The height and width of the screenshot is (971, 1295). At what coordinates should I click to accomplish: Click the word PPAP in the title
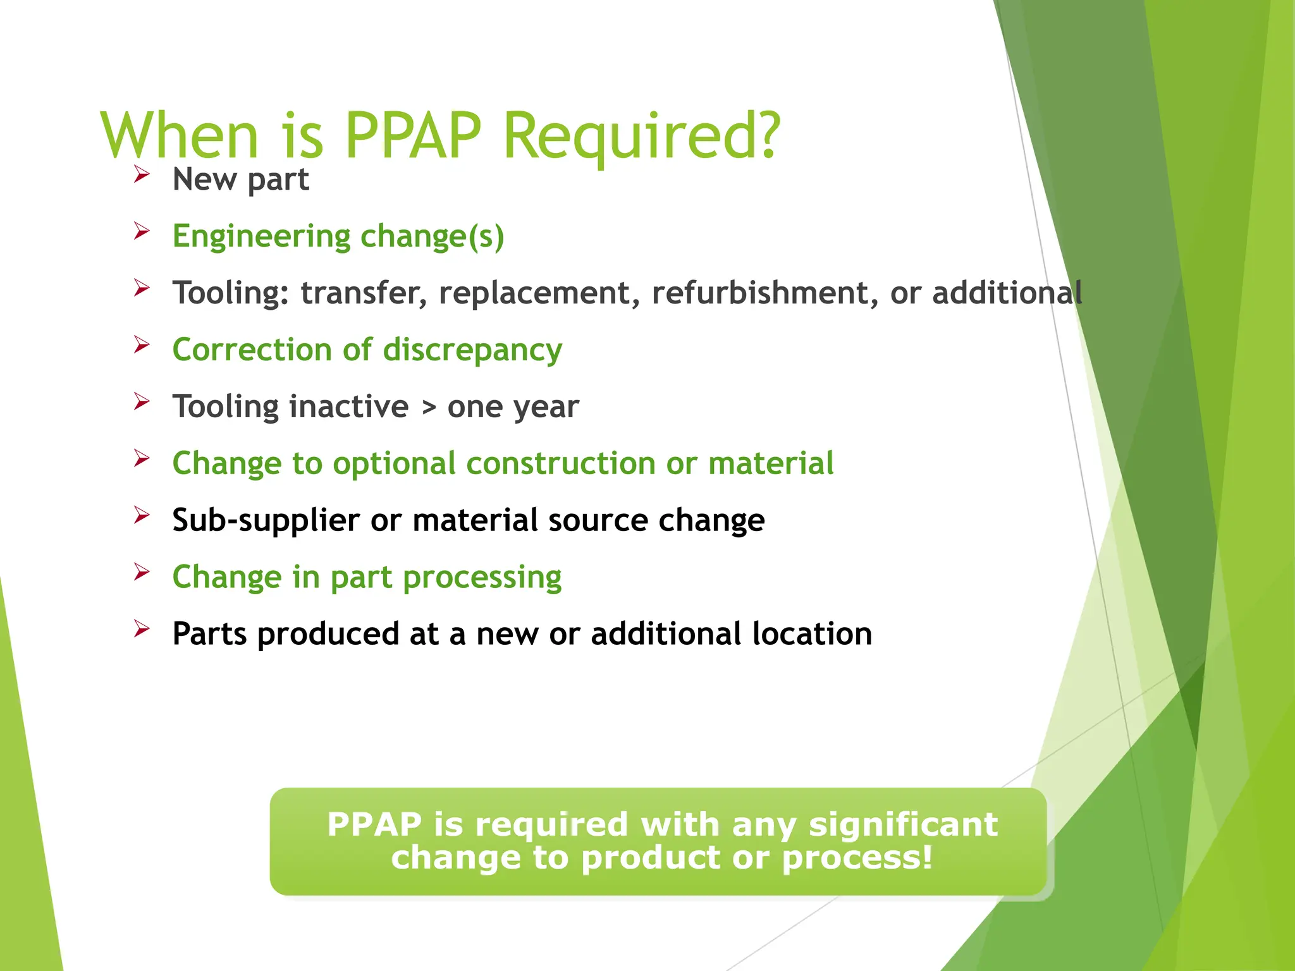(x=413, y=135)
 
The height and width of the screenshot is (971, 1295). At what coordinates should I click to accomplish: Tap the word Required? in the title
(x=642, y=137)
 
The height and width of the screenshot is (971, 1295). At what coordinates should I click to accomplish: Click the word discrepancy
(x=472, y=350)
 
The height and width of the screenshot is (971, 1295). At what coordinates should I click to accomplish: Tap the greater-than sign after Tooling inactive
(x=429, y=407)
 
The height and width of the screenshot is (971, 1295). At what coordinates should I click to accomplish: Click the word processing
(x=482, y=577)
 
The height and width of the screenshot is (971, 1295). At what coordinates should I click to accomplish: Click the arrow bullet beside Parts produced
(x=142, y=628)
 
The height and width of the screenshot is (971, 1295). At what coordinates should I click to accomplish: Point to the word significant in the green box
(x=903, y=824)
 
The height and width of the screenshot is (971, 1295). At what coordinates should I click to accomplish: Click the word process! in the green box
(x=857, y=858)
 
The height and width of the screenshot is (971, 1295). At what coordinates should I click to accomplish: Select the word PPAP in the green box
(x=374, y=824)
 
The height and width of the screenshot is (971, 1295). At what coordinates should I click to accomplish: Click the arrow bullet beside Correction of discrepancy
(x=142, y=345)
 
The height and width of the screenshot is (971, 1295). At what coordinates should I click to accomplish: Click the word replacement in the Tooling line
(x=534, y=293)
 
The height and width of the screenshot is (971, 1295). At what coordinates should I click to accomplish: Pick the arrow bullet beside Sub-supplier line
(x=142, y=515)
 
